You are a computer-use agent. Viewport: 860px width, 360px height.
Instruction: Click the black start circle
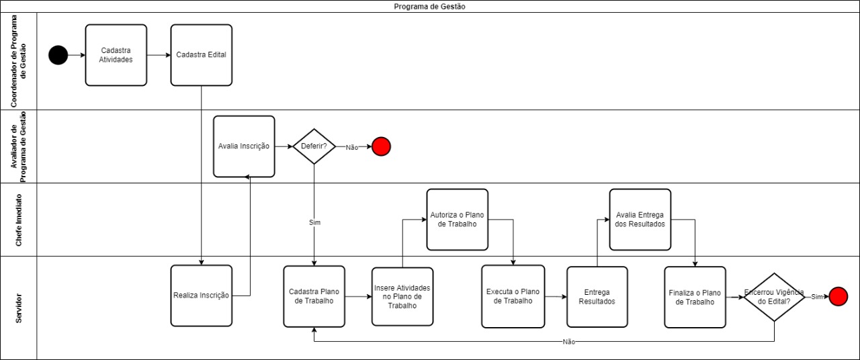click(x=58, y=55)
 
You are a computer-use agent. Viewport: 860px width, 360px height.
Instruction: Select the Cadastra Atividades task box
click(x=116, y=55)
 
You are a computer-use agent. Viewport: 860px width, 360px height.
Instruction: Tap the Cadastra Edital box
click(x=201, y=55)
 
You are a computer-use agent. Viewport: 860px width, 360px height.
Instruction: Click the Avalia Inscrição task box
click(x=244, y=146)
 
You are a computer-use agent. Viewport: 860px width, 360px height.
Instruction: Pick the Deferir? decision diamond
click(x=314, y=146)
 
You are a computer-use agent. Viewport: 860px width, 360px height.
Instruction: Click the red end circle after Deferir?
click(x=381, y=146)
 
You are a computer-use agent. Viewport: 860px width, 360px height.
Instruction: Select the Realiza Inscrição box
click(x=201, y=296)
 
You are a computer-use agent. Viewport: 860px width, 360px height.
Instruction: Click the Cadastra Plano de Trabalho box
click(x=314, y=296)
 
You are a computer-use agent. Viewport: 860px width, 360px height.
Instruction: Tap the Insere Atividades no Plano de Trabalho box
click(x=402, y=296)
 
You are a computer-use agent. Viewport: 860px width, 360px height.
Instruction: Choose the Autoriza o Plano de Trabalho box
click(x=457, y=220)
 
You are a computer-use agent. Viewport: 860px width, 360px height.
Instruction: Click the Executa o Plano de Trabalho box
click(x=513, y=296)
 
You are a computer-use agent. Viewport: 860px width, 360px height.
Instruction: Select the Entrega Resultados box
click(x=597, y=297)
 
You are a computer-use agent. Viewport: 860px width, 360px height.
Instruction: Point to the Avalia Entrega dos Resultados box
click(x=640, y=220)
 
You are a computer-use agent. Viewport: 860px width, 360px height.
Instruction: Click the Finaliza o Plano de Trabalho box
click(x=695, y=297)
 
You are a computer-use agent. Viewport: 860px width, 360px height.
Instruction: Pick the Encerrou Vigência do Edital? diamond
click(x=774, y=297)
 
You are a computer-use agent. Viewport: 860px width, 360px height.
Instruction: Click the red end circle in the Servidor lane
click(x=838, y=296)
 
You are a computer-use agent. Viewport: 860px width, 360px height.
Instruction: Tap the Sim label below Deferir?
click(x=314, y=222)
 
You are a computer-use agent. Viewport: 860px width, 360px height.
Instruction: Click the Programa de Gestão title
click(x=430, y=6)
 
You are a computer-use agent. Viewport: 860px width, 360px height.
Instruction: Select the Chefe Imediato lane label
click(x=19, y=220)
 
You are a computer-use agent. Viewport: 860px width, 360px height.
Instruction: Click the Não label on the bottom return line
click(x=569, y=342)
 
